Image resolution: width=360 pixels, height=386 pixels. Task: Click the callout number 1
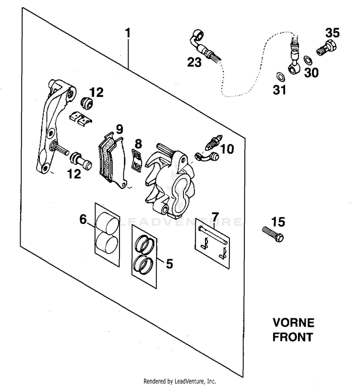pos(128,33)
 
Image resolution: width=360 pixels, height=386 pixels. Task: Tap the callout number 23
pos(194,62)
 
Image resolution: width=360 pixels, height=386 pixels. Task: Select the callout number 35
pos(333,33)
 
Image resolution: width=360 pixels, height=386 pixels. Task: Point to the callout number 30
pos(312,72)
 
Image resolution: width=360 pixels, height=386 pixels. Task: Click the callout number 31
pos(279,90)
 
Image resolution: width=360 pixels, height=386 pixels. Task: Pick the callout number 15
pos(278,222)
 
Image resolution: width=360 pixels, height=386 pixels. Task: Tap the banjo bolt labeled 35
pos(326,48)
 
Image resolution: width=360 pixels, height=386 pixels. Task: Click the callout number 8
pos(138,144)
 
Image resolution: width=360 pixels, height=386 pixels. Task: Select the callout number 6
pos(83,219)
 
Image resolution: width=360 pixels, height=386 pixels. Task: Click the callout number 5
pos(169,264)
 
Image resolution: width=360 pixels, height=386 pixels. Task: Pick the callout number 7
pos(215,217)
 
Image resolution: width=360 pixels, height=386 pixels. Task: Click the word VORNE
pos(293,323)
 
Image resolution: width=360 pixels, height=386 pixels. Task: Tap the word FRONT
pos(293,337)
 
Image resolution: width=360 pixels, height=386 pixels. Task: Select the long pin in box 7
pos(213,235)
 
